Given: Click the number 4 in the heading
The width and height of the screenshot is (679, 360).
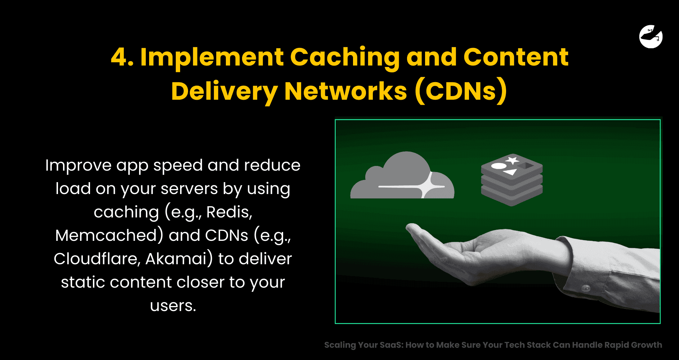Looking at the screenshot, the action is tap(122, 57).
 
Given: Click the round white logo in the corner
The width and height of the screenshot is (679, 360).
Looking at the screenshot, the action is tap(651, 36).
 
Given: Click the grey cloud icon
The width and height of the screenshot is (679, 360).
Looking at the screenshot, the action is tap(402, 175).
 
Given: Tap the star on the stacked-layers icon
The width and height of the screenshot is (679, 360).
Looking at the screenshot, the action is tap(512, 160).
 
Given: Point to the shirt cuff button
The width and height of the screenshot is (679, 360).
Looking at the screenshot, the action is tap(586, 288).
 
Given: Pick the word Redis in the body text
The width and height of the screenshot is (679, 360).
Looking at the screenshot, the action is tap(229, 212).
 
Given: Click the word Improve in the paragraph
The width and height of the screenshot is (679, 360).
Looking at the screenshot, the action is tap(79, 166).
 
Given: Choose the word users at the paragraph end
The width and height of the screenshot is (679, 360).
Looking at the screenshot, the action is tap(173, 306).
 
